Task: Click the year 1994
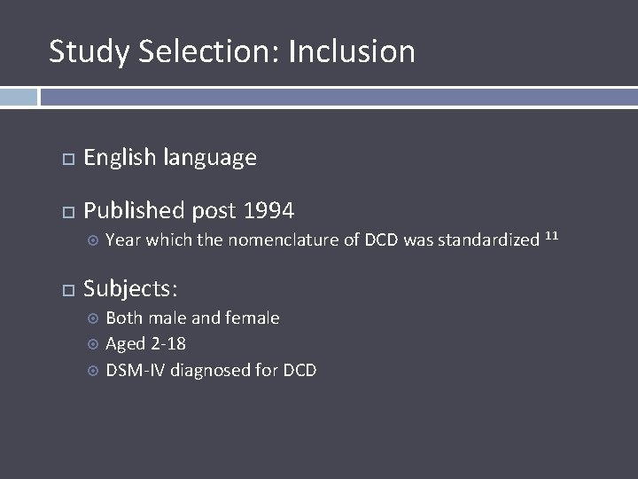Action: click(268, 210)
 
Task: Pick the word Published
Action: click(133, 210)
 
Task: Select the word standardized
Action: click(488, 239)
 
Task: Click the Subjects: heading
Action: click(130, 288)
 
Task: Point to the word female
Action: click(253, 318)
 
